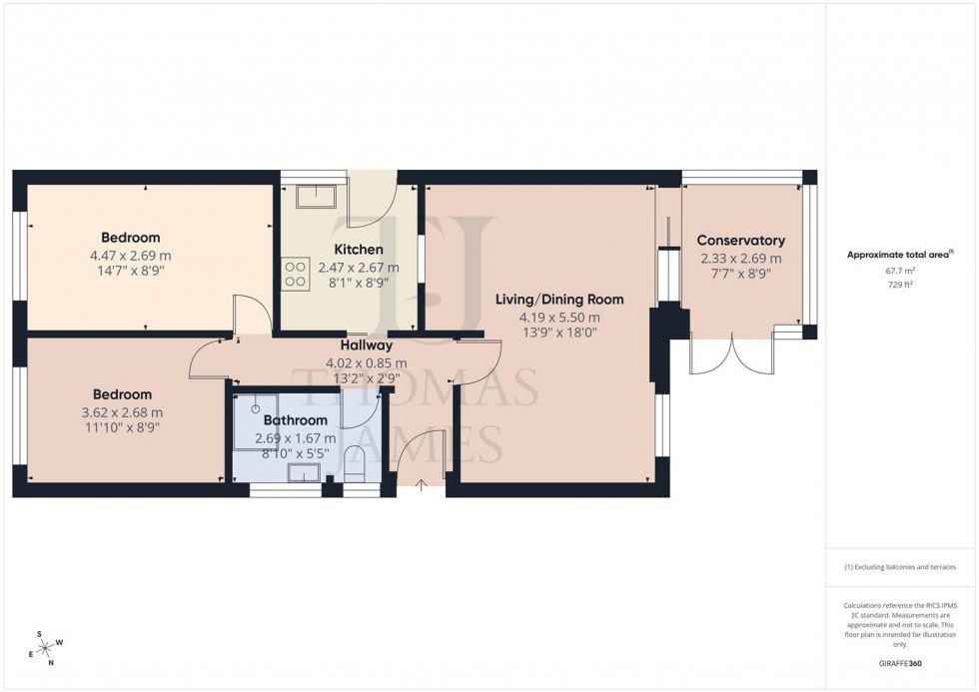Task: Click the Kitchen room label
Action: pyautogui.click(x=358, y=250)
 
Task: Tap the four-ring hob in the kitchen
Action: pyautogui.click(x=295, y=274)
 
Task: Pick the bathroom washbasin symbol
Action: pyautogui.click(x=303, y=472)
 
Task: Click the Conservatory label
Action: pyautogui.click(x=740, y=241)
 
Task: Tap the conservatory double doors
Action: pyautogui.click(x=732, y=355)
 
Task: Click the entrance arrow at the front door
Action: pyautogui.click(x=421, y=485)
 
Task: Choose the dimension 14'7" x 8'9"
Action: pyautogui.click(x=130, y=271)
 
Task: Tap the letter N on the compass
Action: pyautogui.click(x=52, y=663)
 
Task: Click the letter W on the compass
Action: pyautogui.click(x=61, y=642)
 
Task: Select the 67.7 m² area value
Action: pyautogui.click(x=901, y=270)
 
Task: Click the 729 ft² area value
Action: pyautogui.click(x=901, y=285)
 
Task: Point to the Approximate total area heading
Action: pyautogui.click(x=901, y=254)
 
